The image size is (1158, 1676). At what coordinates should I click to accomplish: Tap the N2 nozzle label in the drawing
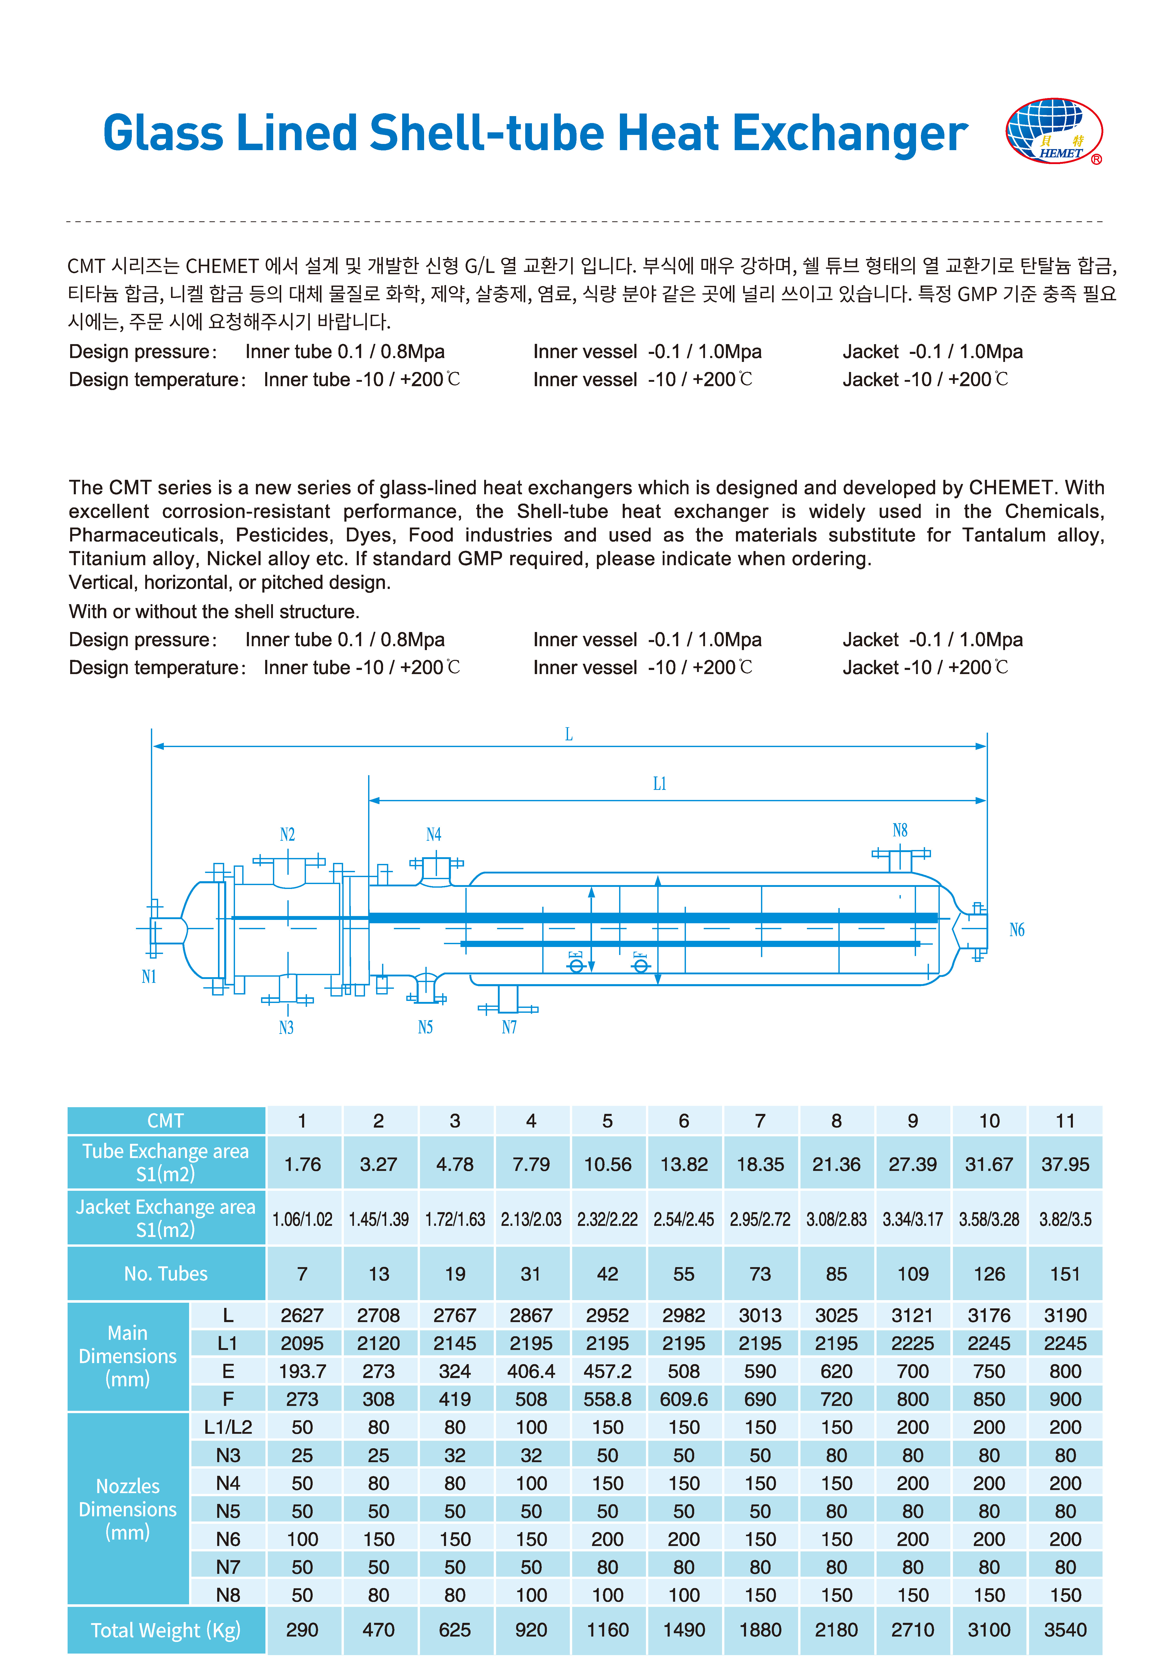tap(287, 834)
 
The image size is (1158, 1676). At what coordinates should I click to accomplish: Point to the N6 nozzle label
tap(1017, 930)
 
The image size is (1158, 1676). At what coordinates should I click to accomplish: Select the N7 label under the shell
tap(509, 1027)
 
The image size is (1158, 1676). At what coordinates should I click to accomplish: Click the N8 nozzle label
tap(900, 830)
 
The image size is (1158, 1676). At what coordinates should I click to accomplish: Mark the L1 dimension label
tap(659, 784)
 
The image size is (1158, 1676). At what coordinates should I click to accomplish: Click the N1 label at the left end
tap(149, 977)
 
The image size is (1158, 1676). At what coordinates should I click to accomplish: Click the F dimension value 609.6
tap(684, 1399)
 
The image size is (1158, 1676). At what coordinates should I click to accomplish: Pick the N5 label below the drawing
tap(425, 1027)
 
